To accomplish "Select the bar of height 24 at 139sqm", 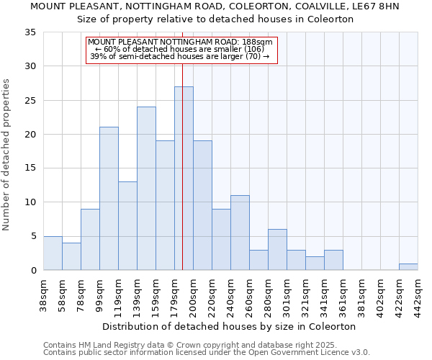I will pyautogui.click(x=146, y=189).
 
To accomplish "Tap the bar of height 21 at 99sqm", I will pyautogui.click(x=109, y=199).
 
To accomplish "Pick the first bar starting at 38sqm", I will pyautogui.click(x=53, y=253).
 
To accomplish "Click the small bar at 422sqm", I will pyautogui.click(x=408, y=267).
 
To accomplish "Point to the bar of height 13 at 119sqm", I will pyautogui.click(x=127, y=226).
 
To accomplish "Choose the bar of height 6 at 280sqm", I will pyautogui.click(x=277, y=250).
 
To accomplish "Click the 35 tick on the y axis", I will pyautogui.click(x=30, y=32).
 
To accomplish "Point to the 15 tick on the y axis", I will pyautogui.click(x=30, y=168).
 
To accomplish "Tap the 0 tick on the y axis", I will pyautogui.click(x=33, y=271).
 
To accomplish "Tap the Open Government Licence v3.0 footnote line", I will pyautogui.click(x=207, y=353).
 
